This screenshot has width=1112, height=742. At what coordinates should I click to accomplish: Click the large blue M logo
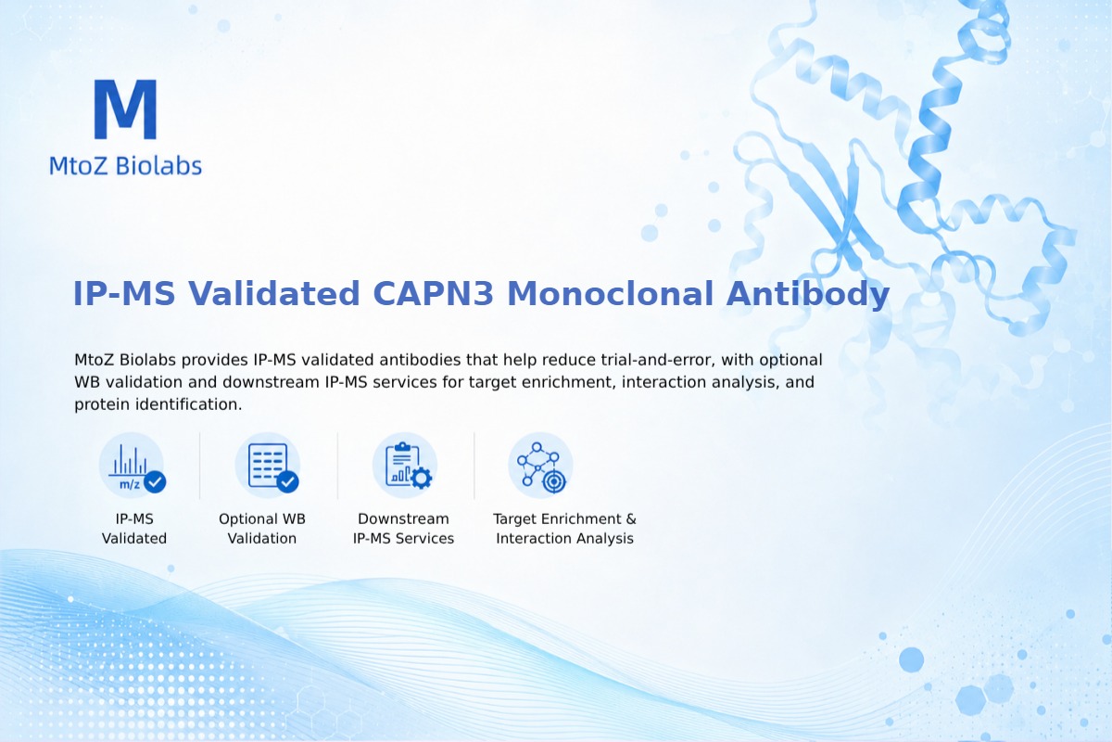point(126,109)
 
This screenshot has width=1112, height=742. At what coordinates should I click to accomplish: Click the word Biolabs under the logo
point(158,165)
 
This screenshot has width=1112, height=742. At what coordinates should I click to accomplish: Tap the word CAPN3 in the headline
point(433,293)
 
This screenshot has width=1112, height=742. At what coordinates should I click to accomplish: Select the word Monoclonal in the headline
point(610,293)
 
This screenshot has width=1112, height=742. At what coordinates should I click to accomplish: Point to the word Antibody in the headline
point(808,294)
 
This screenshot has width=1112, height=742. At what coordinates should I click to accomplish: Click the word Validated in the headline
point(273,293)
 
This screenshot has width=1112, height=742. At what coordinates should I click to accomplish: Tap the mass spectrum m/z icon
point(132,466)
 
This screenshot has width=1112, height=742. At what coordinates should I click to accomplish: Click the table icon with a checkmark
point(268,466)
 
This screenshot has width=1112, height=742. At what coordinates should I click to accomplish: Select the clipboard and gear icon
point(405,466)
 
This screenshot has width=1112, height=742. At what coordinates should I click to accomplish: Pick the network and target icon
point(540,466)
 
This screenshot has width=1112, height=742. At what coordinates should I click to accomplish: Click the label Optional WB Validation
point(262,529)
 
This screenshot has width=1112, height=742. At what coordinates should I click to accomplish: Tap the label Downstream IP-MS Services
point(404,529)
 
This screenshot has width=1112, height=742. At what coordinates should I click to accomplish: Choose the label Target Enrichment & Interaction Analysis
point(564,529)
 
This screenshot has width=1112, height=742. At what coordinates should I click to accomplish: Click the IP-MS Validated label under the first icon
point(134,529)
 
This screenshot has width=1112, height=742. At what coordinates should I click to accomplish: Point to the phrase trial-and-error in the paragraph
point(658,359)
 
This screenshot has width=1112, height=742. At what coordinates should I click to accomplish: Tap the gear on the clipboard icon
point(422,478)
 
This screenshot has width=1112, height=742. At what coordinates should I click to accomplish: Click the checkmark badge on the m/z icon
point(155,481)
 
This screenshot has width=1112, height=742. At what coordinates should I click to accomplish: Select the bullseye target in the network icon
point(554,481)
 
